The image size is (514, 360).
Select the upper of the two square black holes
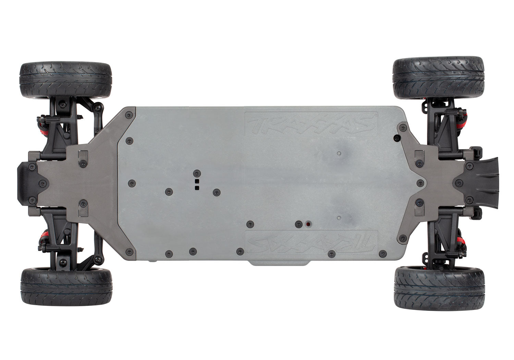pos(197,181)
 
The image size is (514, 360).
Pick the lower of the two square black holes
pos(197,188)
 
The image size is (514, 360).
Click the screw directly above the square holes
pos(197,173)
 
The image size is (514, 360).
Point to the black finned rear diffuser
pos(481,183)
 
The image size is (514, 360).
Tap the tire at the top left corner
pos(66,80)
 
